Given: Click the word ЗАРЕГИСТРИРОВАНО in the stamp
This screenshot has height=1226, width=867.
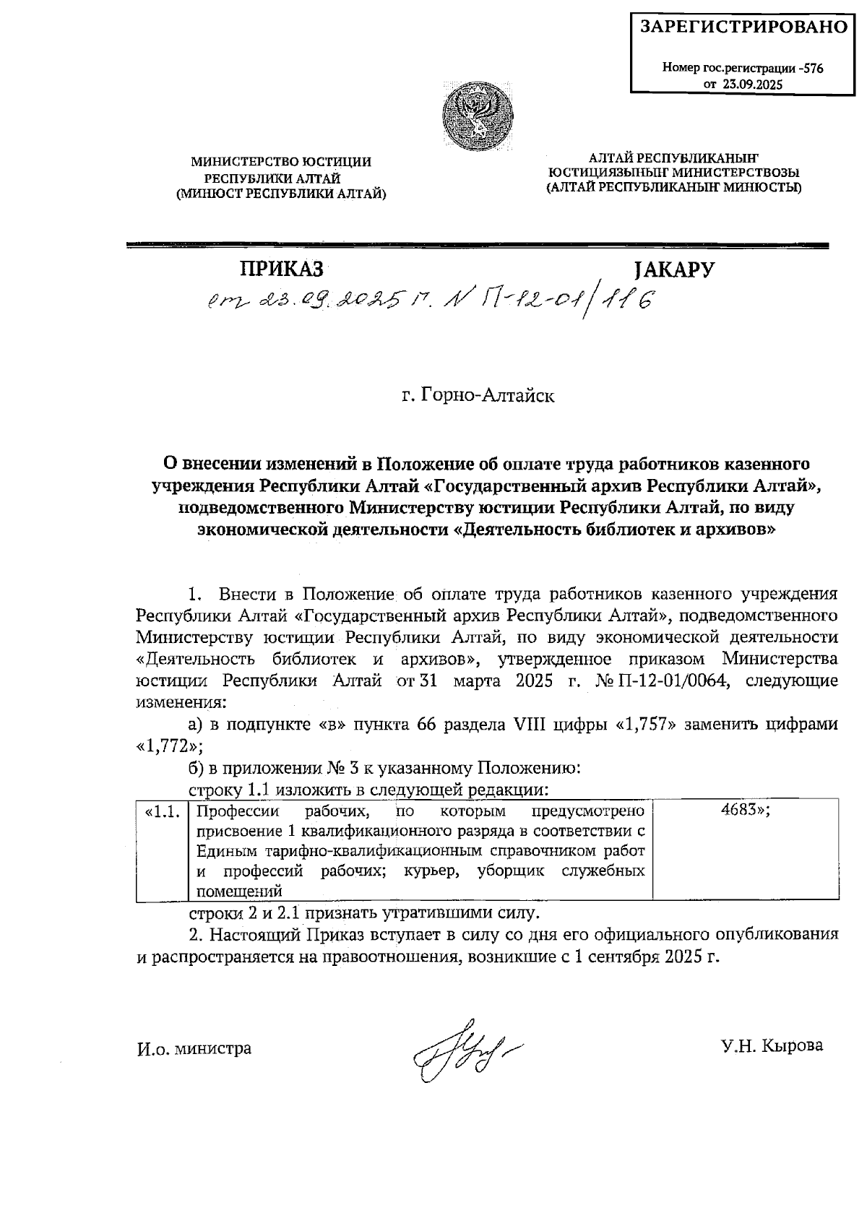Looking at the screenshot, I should click(x=743, y=27).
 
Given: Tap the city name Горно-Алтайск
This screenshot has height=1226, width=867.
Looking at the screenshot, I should click(x=478, y=396).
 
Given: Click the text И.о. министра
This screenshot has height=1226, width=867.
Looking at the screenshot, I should click(x=194, y=1048).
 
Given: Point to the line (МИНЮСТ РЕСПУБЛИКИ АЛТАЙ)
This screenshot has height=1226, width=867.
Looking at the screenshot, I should click(x=281, y=194).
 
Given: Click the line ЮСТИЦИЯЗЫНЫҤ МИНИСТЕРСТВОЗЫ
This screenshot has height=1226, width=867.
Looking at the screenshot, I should click(x=673, y=173).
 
